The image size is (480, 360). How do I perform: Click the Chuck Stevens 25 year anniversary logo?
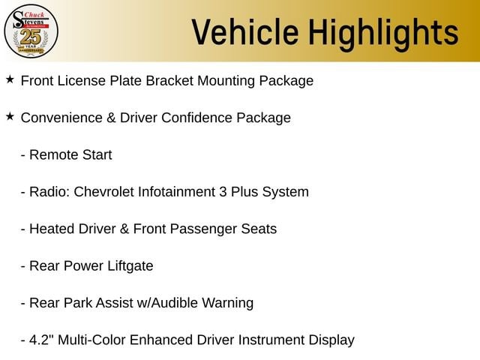click(31, 31)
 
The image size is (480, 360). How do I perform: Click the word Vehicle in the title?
click(245, 31)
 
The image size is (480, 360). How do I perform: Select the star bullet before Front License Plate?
click(10, 79)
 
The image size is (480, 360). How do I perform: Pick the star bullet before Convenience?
click(10, 116)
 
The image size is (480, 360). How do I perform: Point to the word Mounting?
click(226, 82)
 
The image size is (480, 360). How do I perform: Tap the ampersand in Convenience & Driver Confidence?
click(111, 118)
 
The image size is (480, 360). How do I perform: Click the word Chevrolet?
click(103, 192)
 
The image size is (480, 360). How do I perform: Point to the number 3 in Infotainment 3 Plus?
click(223, 192)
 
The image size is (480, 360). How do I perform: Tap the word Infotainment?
click(177, 192)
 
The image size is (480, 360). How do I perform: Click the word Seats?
click(259, 229)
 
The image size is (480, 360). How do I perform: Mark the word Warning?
click(227, 304)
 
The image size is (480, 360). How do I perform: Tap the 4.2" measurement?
click(42, 340)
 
